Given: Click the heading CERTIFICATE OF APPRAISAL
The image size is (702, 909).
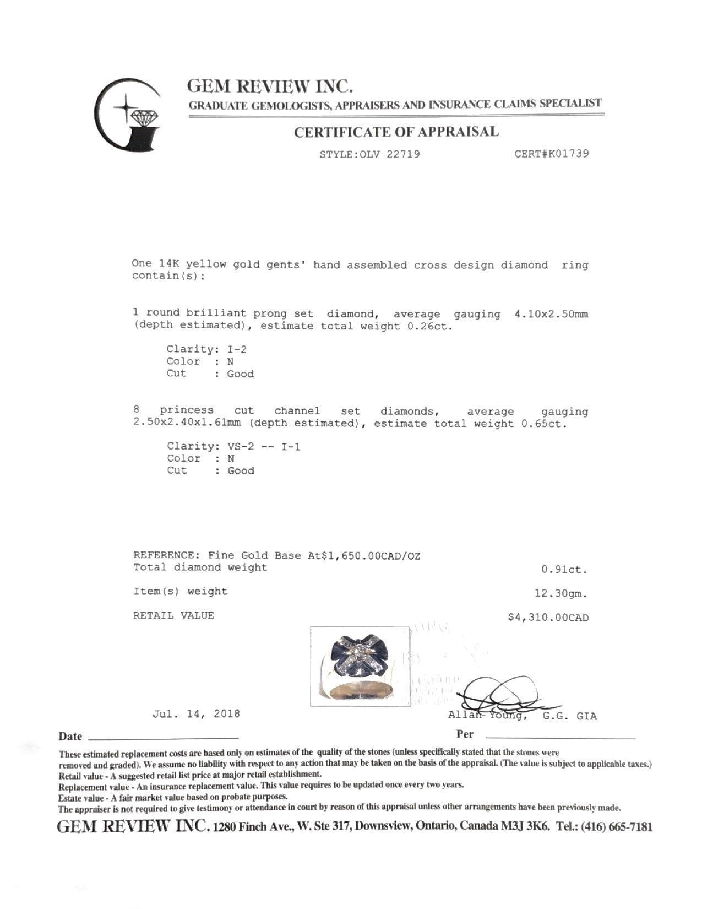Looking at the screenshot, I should click(x=396, y=132).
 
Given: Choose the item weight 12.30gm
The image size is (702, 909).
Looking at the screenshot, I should click(x=560, y=594).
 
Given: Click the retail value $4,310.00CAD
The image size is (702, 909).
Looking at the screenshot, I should click(x=548, y=618).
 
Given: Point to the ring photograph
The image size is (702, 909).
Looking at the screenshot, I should click(x=360, y=665).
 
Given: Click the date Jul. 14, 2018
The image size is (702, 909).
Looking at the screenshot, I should click(x=196, y=714).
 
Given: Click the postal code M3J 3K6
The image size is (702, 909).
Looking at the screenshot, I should click(x=529, y=827).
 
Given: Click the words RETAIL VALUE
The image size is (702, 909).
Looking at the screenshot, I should click(x=173, y=616).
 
